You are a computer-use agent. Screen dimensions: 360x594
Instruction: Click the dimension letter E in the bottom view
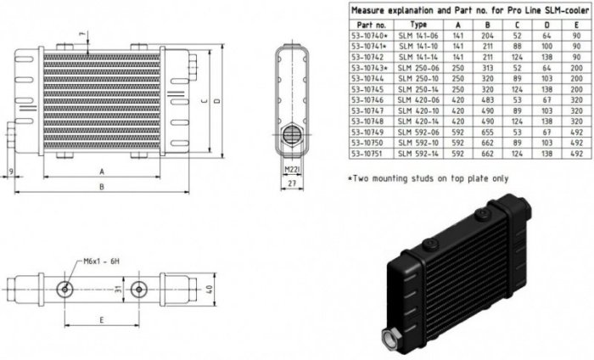click(101, 321)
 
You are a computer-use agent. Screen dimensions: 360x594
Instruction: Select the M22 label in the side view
click(291, 169)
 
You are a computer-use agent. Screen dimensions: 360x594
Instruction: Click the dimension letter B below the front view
click(101, 186)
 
